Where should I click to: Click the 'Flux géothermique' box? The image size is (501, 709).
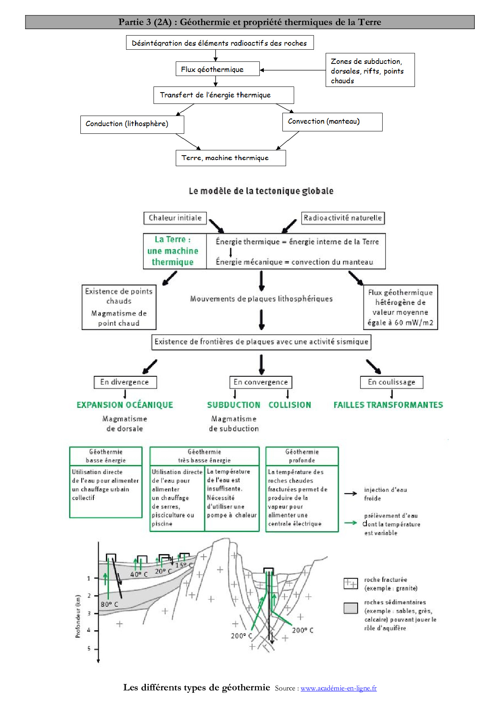(218, 69)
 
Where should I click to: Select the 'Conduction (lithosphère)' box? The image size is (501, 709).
(132, 124)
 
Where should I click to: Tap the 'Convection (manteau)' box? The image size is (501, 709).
(332, 122)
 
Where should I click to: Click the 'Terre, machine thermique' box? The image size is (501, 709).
(231, 158)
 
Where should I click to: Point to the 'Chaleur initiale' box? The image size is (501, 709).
(175, 218)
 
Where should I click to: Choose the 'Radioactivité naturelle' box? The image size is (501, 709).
(343, 218)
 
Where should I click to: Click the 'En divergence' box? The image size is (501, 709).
(125, 382)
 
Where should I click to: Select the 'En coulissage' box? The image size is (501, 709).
(392, 382)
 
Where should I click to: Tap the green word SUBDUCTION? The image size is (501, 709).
(234, 405)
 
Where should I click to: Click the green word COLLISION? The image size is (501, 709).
(290, 405)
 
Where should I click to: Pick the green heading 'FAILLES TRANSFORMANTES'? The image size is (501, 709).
(388, 405)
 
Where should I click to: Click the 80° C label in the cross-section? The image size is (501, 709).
(109, 604)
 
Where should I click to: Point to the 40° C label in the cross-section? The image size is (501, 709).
(139, 574)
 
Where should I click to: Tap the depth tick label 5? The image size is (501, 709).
(89, 648)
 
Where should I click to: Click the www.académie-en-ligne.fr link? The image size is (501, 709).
(339, 688)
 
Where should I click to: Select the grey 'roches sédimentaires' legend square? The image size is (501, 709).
(351, 608)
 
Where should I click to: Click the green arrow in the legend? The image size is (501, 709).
(351, 523)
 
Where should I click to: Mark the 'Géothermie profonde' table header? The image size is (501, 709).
(302, 456)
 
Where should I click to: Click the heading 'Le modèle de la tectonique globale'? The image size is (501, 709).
(261, 191)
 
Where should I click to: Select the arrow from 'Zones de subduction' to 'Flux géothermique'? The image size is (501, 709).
(293, 70)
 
